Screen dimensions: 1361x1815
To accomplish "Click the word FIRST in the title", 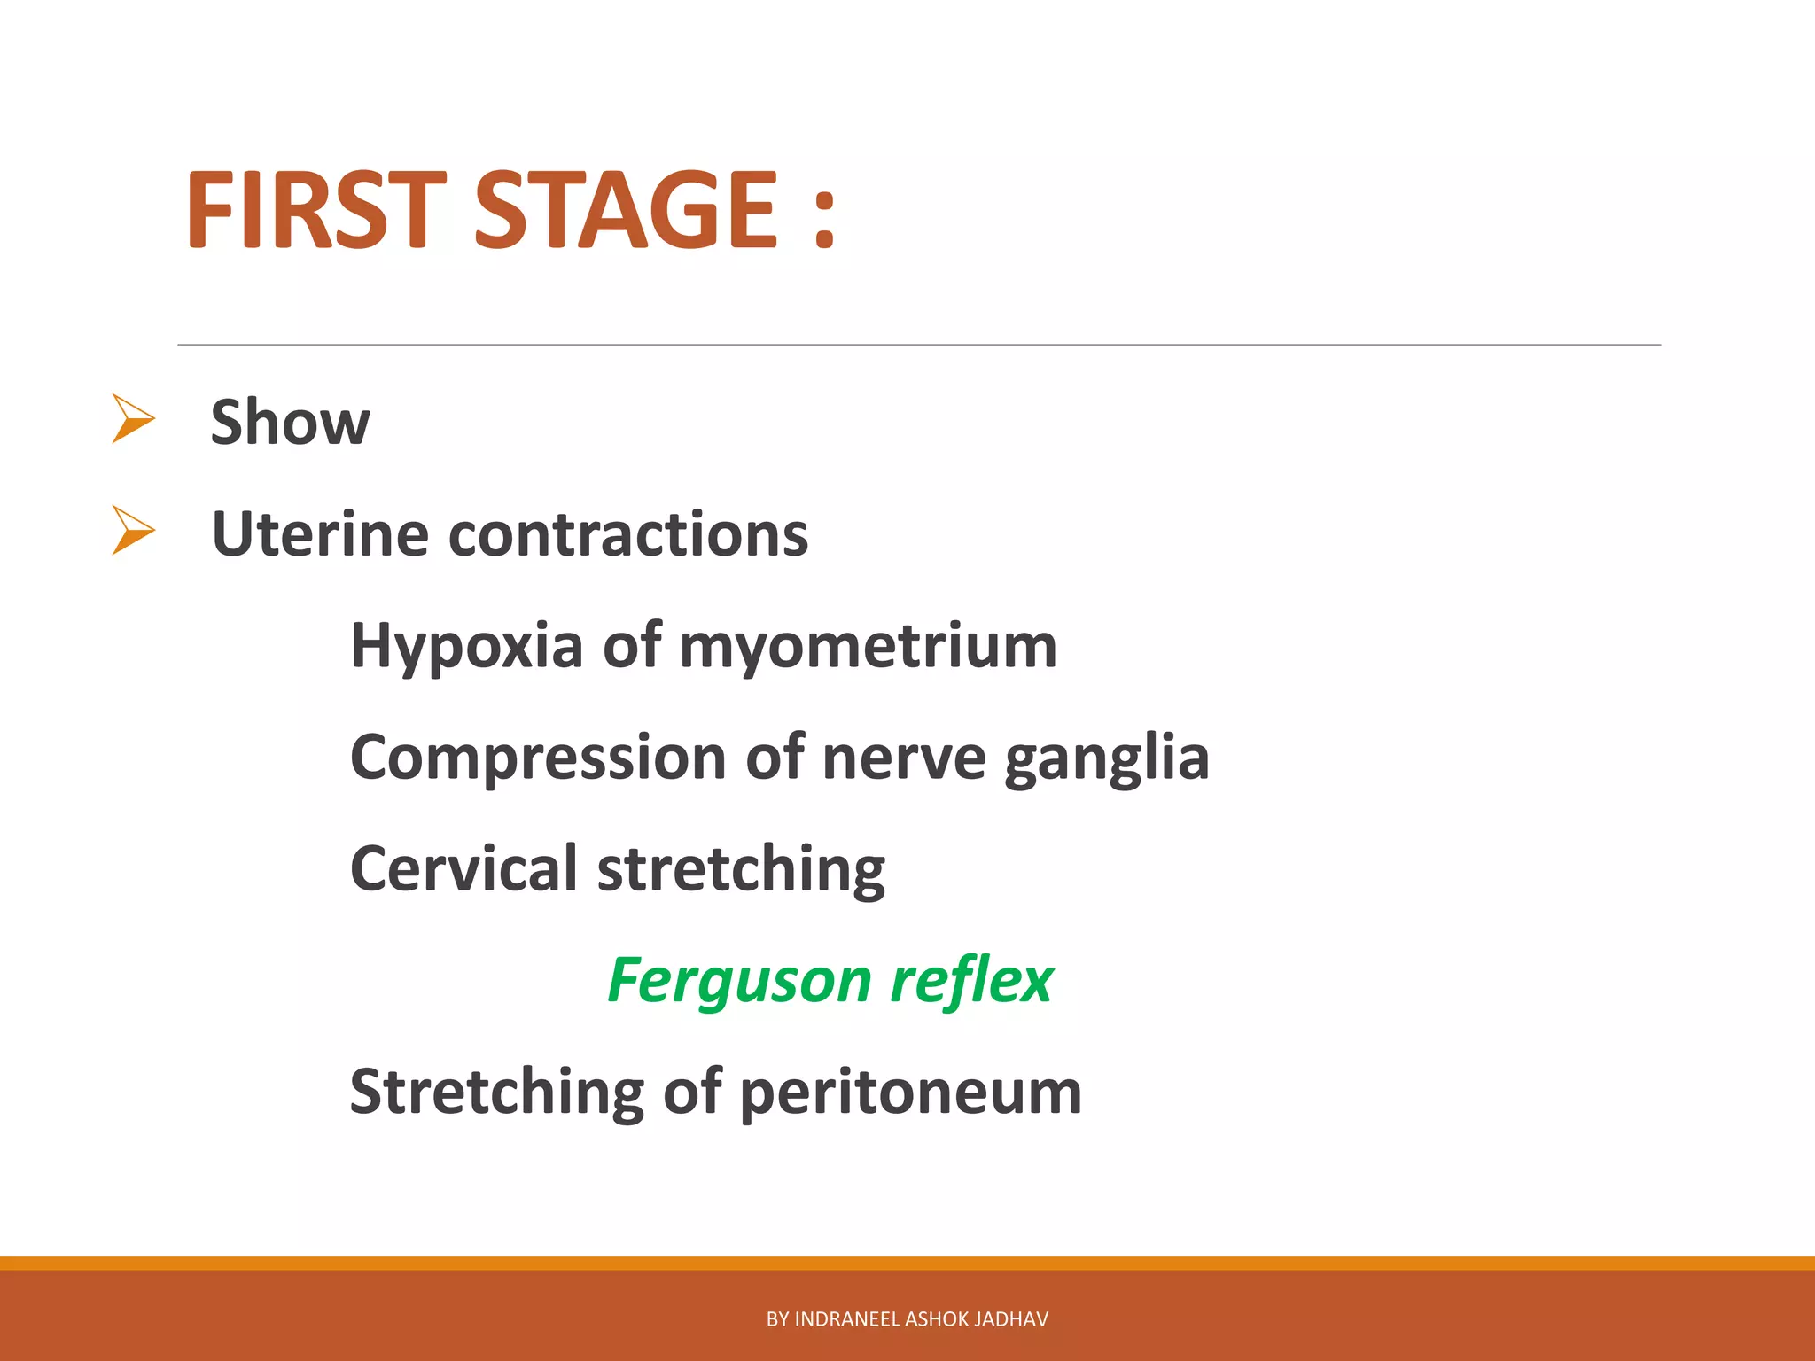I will [315, 210].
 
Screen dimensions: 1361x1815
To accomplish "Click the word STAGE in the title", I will [627, 210].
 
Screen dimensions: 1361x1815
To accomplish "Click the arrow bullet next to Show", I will [133, 418].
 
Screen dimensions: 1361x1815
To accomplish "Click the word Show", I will [290, 422].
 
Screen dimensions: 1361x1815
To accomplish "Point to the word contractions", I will [628, 534].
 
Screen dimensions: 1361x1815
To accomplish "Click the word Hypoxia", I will [466, 647].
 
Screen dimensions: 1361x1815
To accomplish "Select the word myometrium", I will [868, 647].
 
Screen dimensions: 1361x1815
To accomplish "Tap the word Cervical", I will [463, 868].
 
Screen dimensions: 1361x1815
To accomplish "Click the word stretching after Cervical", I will [741, 870].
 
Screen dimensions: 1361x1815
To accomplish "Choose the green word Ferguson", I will [739, 982].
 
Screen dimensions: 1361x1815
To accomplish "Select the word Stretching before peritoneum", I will [497, 1093].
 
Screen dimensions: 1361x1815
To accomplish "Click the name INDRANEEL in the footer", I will [847, 1319].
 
